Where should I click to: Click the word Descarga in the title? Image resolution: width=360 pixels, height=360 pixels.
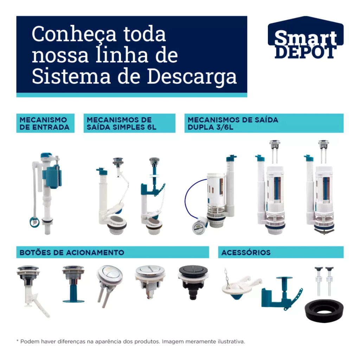(192, 77)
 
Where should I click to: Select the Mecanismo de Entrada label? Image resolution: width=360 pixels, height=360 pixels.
(45, 123)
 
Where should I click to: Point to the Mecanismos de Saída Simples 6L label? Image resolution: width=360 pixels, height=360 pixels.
(129, 123)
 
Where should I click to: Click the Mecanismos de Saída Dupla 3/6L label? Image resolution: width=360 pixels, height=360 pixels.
(264, 123)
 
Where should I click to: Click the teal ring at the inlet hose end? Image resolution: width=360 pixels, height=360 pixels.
(34, 222)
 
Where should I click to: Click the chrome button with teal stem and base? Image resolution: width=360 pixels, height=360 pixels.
(73, 284)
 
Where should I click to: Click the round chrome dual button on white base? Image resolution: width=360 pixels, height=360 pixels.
(150, 282)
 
